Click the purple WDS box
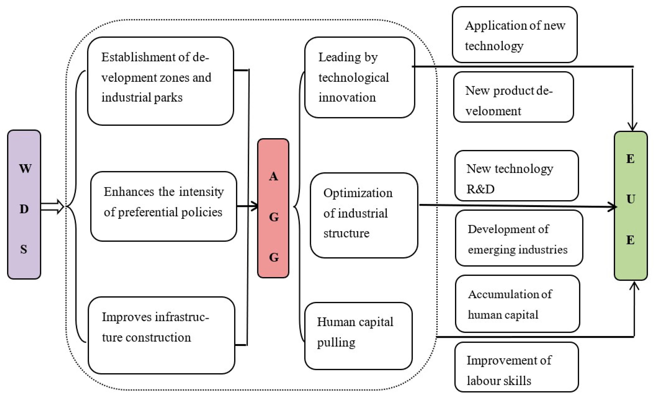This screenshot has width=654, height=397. coord(24,204)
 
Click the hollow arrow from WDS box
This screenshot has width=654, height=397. coord(53,207)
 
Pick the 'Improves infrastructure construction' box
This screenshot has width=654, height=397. coord(161,335)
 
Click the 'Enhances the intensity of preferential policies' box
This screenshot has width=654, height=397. coord(163,206)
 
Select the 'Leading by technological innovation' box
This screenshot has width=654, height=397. coord(359,78)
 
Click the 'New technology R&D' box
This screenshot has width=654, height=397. coord(516,176)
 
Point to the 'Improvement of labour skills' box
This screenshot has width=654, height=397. coord(516,367)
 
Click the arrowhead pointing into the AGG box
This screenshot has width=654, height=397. coord(255,206)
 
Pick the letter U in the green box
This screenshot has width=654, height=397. coord(631,199)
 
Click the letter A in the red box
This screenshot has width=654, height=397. coord(273,176)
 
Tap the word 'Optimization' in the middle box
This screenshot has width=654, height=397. coord(358,193)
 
